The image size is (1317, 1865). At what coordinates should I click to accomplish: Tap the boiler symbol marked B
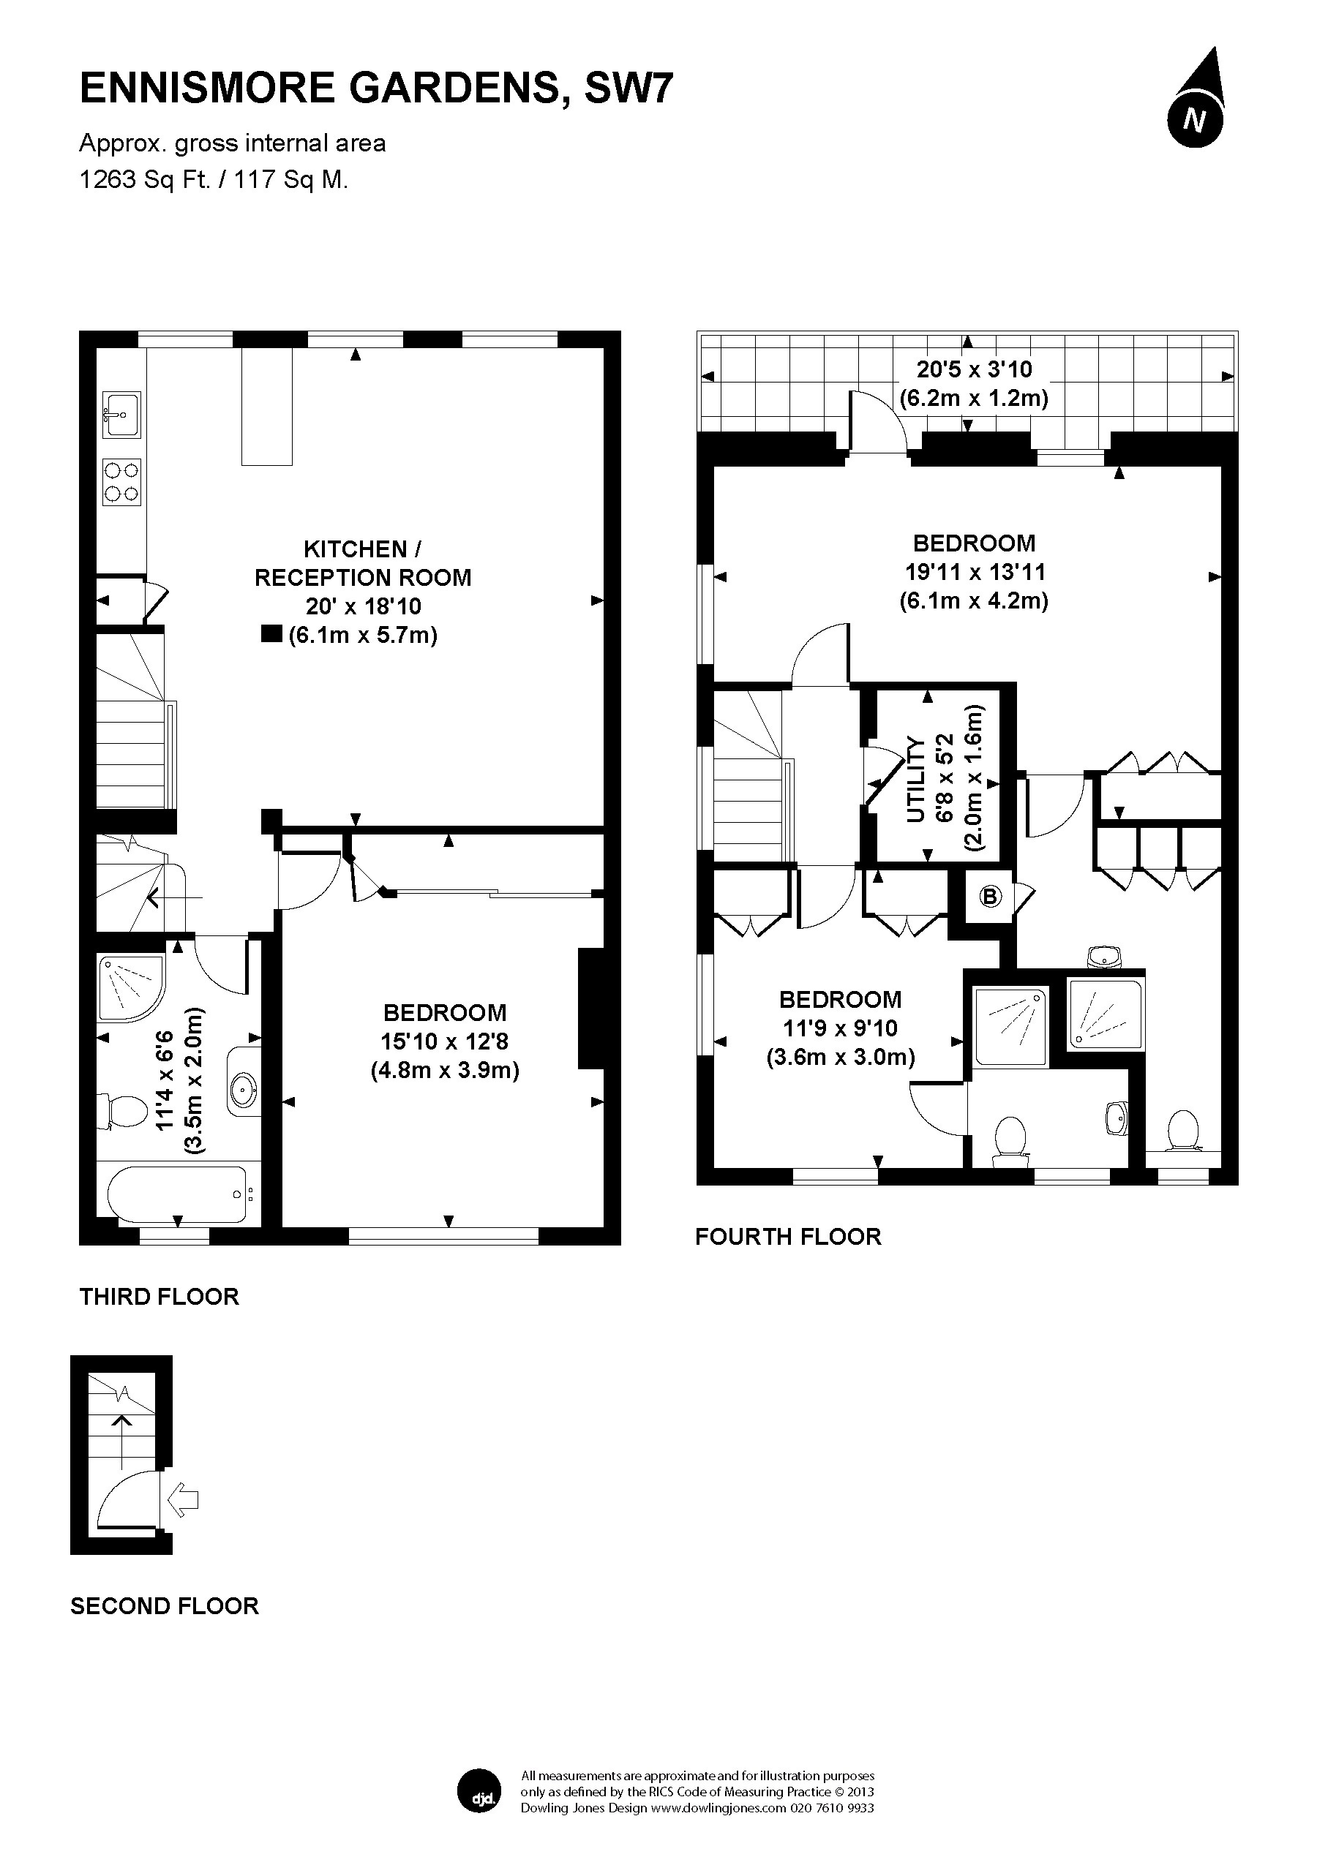point(989,897)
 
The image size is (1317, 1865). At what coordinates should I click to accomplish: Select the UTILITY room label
point(915,779)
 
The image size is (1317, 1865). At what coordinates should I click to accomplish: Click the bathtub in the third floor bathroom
point(176,1195)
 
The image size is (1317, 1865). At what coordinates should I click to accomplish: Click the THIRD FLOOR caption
point(160,1297)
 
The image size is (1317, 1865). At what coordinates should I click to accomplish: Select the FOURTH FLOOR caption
point(788,1236)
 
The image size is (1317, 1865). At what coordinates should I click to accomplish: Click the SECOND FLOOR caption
point(165,1606)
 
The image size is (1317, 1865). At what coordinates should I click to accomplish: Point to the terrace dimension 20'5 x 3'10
point(974,369)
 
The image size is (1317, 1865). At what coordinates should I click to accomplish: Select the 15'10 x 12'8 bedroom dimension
point(446,1041)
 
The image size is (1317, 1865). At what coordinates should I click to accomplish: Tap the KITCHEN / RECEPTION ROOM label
point(363,563)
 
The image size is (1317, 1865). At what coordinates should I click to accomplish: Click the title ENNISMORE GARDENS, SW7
point(376,88)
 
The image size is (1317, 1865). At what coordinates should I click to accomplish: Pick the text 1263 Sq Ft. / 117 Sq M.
point(214,178)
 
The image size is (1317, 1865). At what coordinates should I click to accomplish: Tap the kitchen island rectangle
point(266,407)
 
